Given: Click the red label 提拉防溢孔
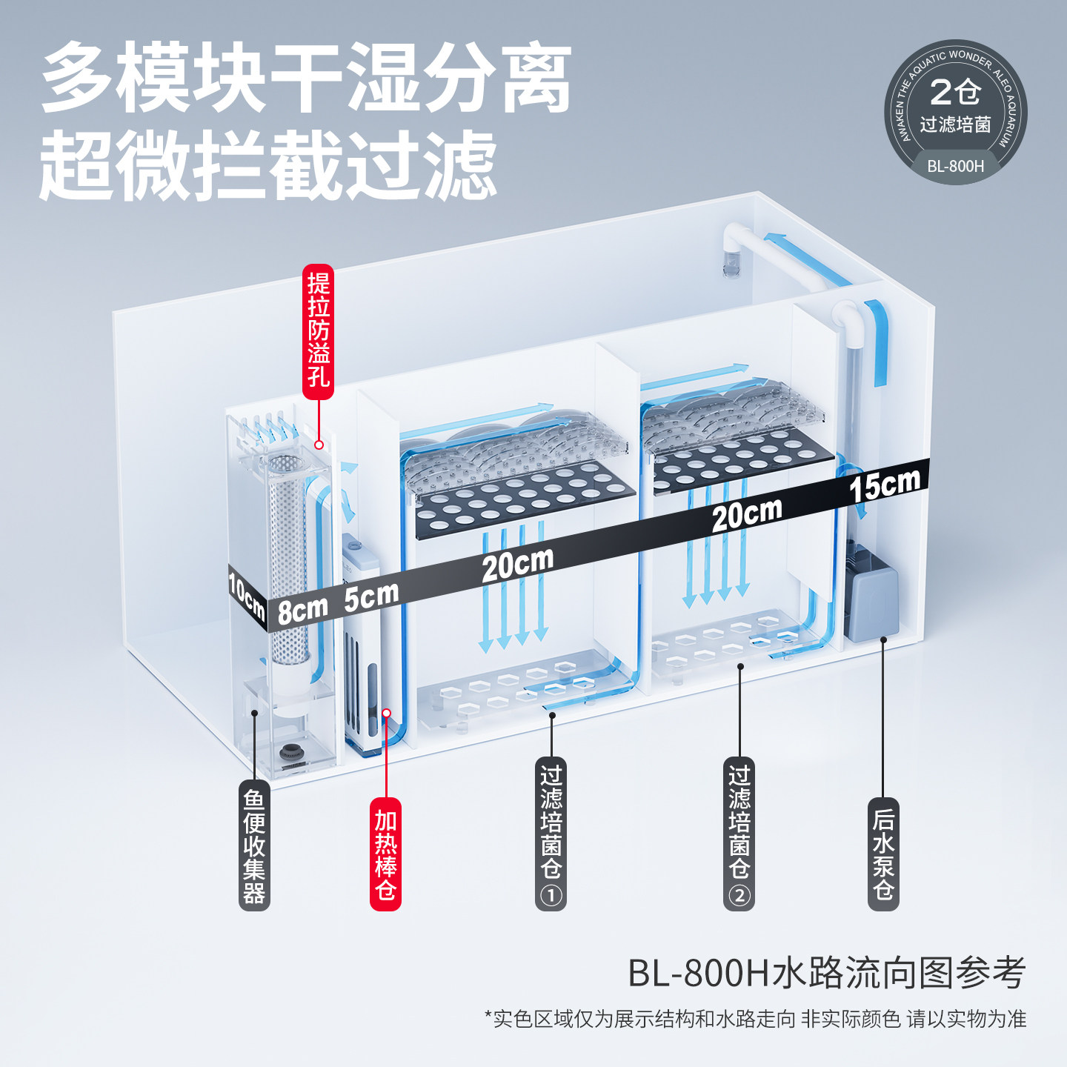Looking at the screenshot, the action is click(x=318, y=331).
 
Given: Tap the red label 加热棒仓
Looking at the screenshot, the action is click(x=385, y=854).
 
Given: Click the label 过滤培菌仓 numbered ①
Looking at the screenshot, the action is click(x=551, y=833).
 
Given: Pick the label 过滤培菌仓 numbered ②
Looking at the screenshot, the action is click(x=739, y=833).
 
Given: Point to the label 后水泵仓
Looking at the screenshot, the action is click(x=882, y=854).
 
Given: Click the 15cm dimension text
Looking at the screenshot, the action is click(x=885, y=485).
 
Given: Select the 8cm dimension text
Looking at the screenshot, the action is click(x=302, y=610).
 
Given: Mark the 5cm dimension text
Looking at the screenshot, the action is click(x=371, y=596).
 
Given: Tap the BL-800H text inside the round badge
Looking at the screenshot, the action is click(x=955, y=166).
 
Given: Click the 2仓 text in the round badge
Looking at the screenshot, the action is click(x=955, y=93).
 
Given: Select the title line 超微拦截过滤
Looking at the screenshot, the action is click(x=268, y=164).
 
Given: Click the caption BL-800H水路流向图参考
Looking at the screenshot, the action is click(x=826, y=973).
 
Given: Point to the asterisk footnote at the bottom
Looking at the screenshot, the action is click(x=755, y=1019).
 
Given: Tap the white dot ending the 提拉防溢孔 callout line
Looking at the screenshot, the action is click(x=319, y=445).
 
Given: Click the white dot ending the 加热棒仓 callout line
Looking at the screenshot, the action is click(x=386, y=713).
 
